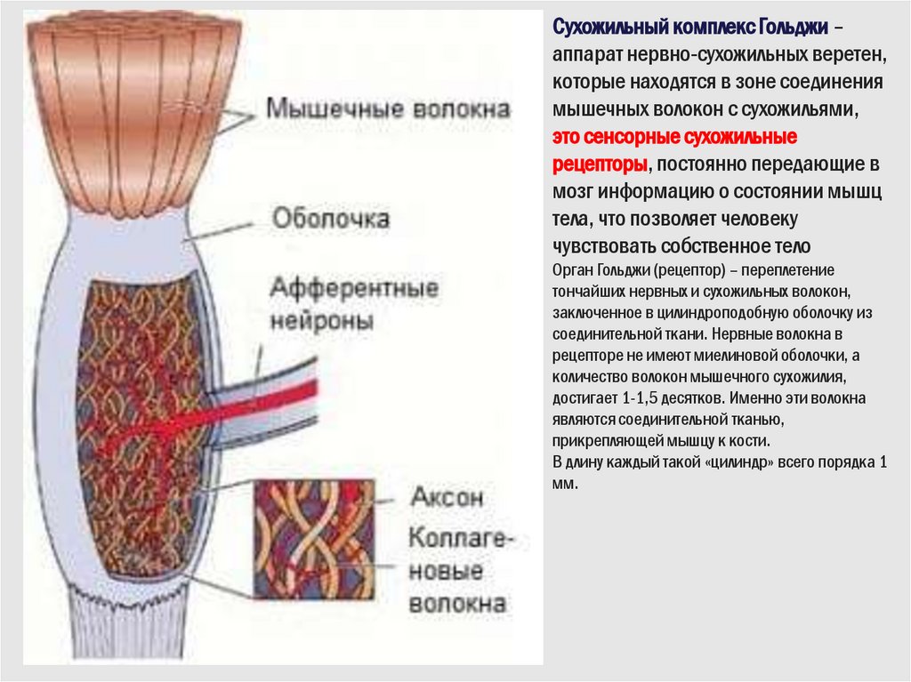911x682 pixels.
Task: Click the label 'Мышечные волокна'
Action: (x=390, y=110)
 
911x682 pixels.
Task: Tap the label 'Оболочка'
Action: (x=330, y=218)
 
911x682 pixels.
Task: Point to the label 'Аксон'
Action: (x=447, y=496)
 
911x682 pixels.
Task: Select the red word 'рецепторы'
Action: (x=601, y=164)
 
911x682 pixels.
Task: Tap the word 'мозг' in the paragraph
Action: (x=572, y=192)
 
